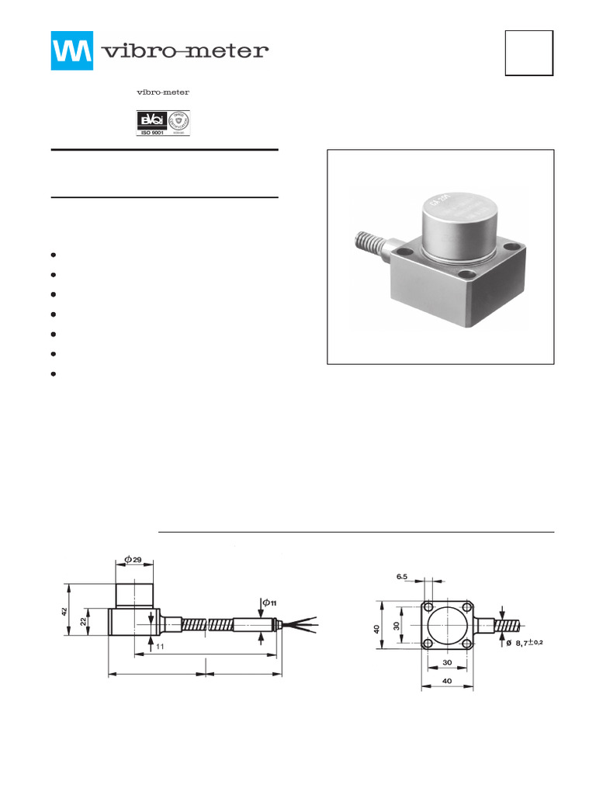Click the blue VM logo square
point(72,51)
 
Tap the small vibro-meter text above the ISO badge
point(163,92)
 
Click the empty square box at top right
point(528,53)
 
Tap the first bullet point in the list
point(54,255)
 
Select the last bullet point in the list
point(54,374)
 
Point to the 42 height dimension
point(64,612)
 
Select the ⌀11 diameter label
point(269,602)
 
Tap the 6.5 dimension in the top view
point(402,577)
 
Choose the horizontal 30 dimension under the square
point(445,663)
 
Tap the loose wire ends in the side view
point(303,623)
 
